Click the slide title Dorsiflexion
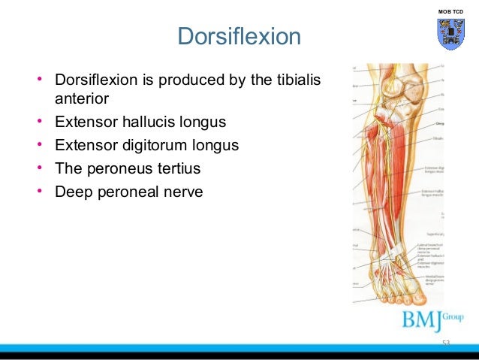point(239,36)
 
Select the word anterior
point(82,98)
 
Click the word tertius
point(175,168)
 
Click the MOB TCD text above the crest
point(450,13)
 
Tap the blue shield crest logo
point(450,34)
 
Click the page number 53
point(446,343)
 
